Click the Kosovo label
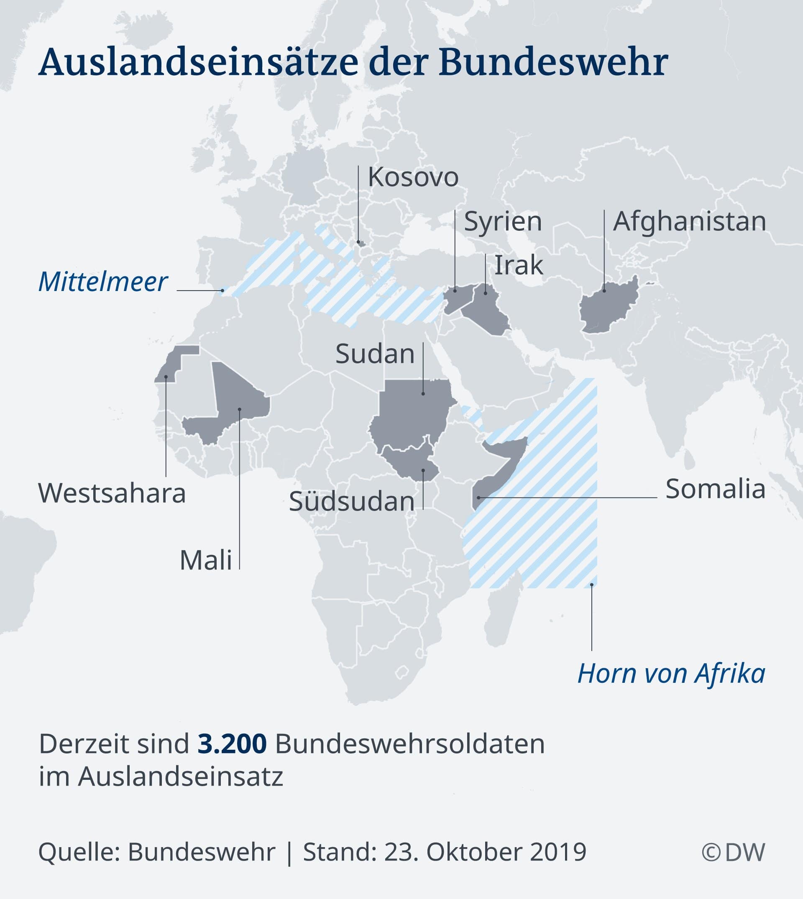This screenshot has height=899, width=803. [x=413, y=177]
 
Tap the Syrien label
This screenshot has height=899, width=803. [x=503, y=222]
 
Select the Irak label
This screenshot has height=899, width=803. [x=519, y=265]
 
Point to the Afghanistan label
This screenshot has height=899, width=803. [x=689, y=222]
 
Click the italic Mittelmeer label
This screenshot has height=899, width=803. [x=103, y=282]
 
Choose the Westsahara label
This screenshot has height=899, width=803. [x=112, y=493]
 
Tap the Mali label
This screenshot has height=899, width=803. [x=206, y=561]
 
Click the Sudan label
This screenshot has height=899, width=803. [x=375, y=354]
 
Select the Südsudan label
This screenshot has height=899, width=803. [x=352, y=501]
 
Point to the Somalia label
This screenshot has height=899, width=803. [x=715, y=489]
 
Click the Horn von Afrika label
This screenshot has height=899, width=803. [x=671, y=674]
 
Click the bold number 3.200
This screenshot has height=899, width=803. [x=232, y=743]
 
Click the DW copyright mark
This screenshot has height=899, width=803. [x=733, y=852]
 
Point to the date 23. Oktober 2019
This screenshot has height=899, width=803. [x=485, y=852]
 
